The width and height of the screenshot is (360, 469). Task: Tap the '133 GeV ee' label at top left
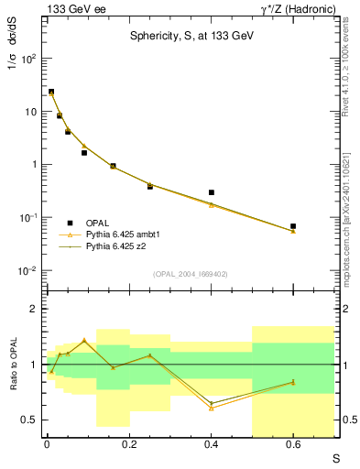coord(72,8)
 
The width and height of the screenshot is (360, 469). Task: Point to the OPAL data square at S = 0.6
coord(293,225)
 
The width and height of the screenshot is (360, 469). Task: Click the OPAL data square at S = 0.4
coord(212,192)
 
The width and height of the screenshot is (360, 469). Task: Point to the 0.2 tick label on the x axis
coord(129,445)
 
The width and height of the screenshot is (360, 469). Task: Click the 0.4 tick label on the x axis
coord(212,445)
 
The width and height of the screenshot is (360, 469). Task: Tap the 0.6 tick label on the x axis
coord(293,445)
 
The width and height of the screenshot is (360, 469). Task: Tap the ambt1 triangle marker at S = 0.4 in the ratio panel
coord(212,408)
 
